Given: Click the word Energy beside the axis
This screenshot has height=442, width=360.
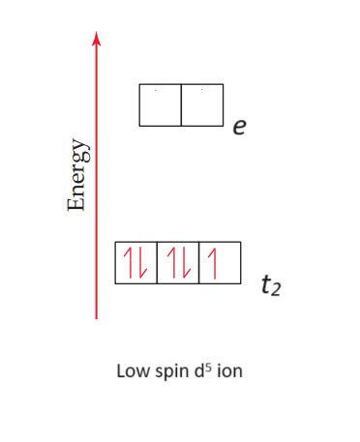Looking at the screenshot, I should pos(78,175).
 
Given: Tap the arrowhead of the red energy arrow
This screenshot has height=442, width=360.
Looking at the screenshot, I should pos(97,39).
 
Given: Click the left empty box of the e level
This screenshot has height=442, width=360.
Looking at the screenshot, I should pos(161,105).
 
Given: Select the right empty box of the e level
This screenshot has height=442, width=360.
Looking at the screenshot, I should pos(202,105).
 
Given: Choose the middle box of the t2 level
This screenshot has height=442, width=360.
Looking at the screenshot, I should pos(177,262).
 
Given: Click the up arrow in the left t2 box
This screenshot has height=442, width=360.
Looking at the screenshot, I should pos(130,262).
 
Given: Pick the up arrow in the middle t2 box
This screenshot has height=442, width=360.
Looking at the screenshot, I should pos(171,262).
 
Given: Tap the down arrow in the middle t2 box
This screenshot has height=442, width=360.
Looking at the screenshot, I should pos(184,262).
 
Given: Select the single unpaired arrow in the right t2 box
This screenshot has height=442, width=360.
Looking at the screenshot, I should pos(213,262).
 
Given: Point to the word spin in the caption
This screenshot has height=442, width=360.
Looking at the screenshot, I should pos(164,371).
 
